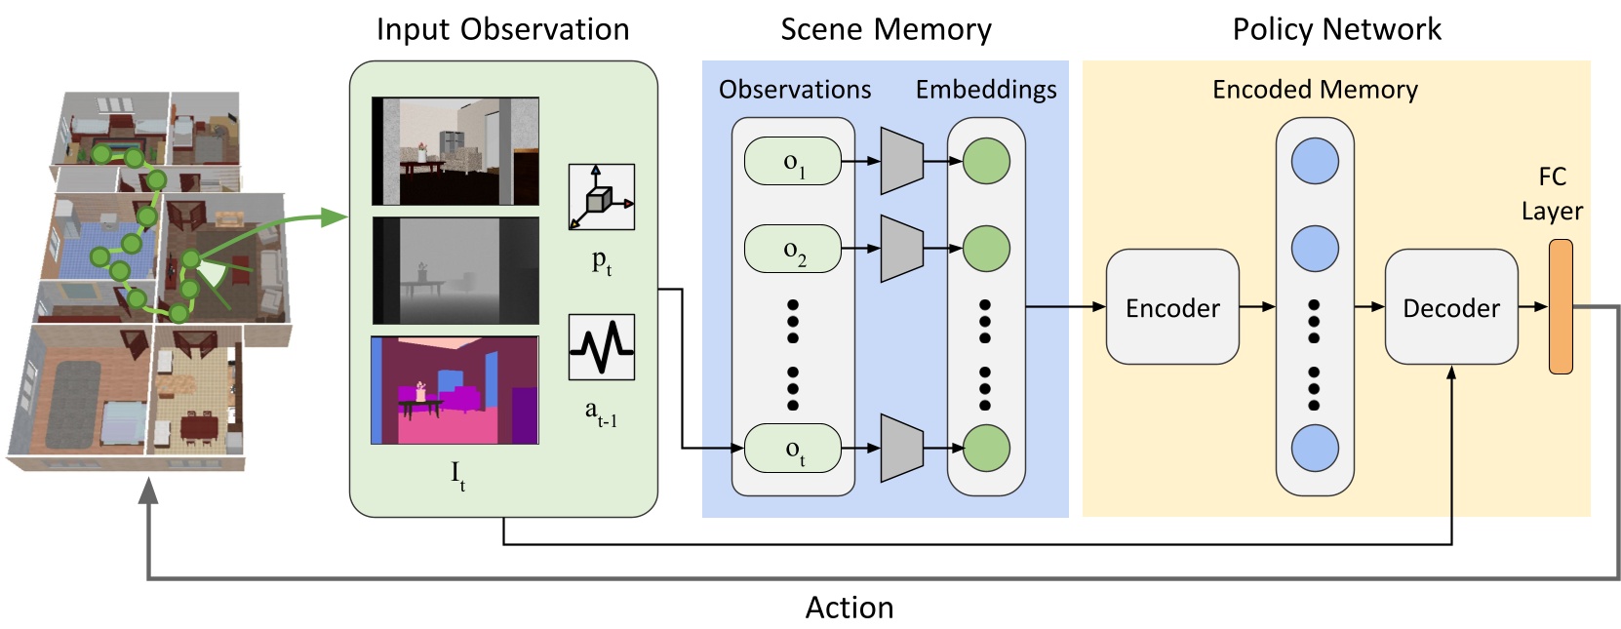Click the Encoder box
coord(1171,307)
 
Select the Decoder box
coord(1450,307)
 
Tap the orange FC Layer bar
coord(1561,306)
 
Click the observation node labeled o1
coord(793,162)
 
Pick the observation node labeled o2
coord(793,249)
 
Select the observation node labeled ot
coord(793,449)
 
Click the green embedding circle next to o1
coord(985,162)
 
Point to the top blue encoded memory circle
coord(1314,162)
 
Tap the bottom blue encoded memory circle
coord(1314,449)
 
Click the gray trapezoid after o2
coord(901,249)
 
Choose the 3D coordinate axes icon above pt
coord(601,197)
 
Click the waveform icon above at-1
coord(601,347)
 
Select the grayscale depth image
coord(455,270)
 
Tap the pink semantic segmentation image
coord(455,390)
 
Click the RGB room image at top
coord(455,151)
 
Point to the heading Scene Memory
coord(886,29)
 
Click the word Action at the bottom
coord(849,608)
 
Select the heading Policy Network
coord(1336,29)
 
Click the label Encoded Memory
coord(1314,90)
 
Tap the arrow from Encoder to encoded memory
coord(1257,307)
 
